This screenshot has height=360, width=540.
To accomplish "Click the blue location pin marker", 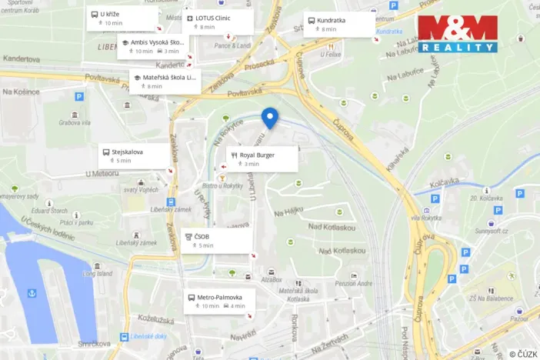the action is tap(269, 118).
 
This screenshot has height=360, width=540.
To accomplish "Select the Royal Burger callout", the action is tap(261, 159).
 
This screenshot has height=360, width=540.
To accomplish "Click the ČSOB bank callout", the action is tap(216, 241).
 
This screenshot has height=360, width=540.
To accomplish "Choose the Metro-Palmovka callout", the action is tap(219, 301).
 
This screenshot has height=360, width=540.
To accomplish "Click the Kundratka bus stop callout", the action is tap(338, 25).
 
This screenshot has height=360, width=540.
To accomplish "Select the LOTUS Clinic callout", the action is tap(218, 22).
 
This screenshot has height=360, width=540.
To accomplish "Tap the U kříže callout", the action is tap(122, 18).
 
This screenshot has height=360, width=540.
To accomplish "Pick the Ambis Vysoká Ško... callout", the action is tap(153, 46).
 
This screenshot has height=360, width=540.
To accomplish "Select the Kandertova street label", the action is tap(21, 58).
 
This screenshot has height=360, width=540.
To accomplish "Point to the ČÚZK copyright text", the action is tap(523, 353).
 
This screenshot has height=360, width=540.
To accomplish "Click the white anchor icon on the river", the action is tap(32, 292).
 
